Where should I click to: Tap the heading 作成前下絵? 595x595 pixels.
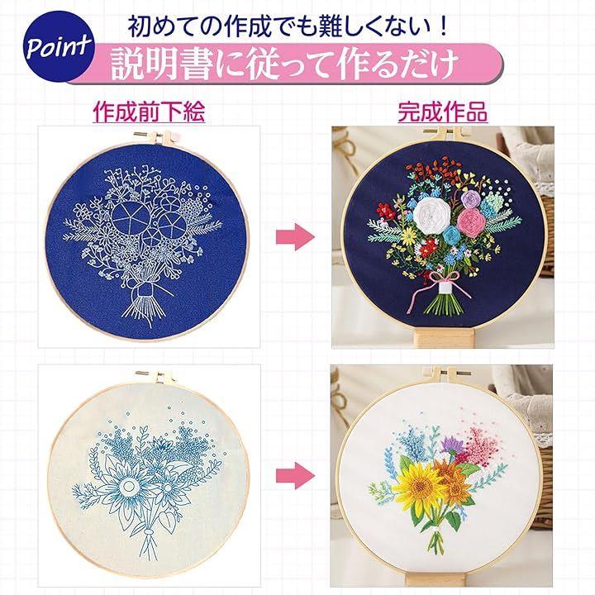click(149, 112)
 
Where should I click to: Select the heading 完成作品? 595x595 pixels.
click(442, 112)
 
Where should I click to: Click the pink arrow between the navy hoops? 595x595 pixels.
click(295, 237)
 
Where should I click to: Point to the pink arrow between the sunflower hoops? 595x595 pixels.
click(295, 475)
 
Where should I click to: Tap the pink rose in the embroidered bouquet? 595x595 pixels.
click(472, 223)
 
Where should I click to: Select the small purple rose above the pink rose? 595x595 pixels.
click(471, 199)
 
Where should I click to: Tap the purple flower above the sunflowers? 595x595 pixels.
click(451, 444)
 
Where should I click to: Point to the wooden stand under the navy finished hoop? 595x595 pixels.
click(443, 338)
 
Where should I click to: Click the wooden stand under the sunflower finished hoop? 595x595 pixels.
click(436, 580)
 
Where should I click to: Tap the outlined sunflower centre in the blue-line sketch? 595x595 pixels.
click(129, 486)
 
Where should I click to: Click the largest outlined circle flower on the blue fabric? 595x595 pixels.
click(131, 218)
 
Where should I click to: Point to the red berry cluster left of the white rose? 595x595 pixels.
click(386, 211)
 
